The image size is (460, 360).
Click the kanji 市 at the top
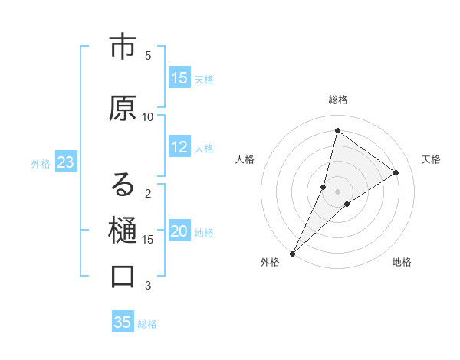pos(123,47)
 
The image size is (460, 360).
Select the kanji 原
pos(123,109)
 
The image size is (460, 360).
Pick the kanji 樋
pos(123,231)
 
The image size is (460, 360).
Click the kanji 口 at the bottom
pos(123,277)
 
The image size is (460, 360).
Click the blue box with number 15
pos(179,78)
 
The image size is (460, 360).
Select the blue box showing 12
pos(179,148)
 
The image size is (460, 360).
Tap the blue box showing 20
pos(179,232)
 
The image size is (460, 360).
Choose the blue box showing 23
pos(65,162)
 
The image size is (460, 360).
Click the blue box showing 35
pos(123,322)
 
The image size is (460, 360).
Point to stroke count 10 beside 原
pos(148,116)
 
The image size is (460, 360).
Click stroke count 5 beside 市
pos(148,55)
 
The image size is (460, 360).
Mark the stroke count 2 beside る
pos(148,194)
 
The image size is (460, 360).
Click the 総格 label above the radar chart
pos(338,100)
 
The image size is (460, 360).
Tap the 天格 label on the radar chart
pos(431,159)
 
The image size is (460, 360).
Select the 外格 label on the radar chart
pos(270,262)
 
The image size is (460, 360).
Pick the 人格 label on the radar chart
pos(245,159)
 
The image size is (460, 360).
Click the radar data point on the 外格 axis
pos(292,253)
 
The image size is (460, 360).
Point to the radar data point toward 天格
pos(396,172)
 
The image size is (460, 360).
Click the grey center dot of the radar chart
pos(338,191)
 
